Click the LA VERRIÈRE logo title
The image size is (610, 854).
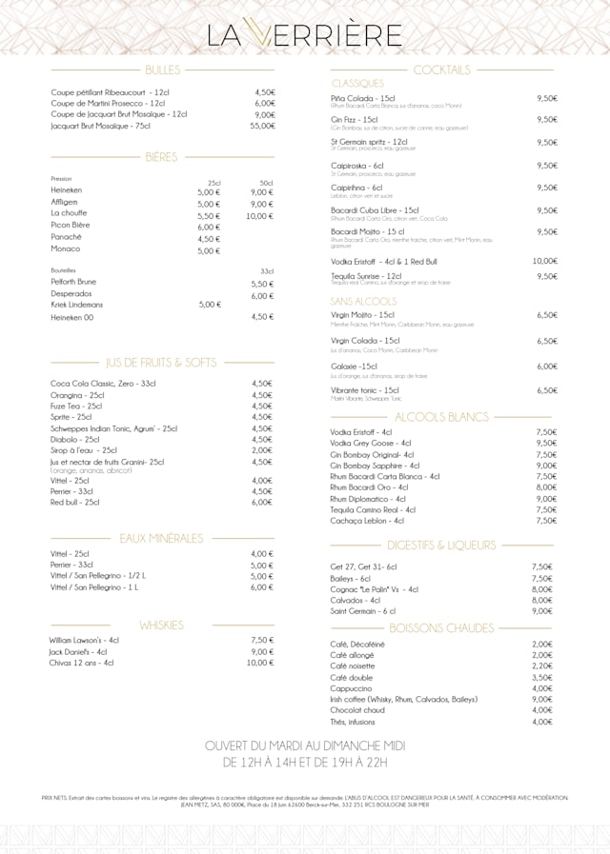(305, 35)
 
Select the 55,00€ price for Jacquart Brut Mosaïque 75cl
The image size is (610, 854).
(263, 126)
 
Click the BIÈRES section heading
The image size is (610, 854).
(161, 156)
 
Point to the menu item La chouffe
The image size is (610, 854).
(69, 214)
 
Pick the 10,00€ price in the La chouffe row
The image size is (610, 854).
(259, 216)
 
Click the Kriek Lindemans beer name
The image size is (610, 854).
(77, 304)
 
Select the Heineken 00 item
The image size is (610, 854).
(72, 317)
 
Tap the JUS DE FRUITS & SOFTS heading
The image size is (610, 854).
(162, 363)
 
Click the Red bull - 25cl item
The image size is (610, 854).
(75, 502)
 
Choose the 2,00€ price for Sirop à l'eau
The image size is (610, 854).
(262, 450)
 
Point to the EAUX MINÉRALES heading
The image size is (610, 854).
(161, 538)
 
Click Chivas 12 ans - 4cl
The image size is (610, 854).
(81, 663)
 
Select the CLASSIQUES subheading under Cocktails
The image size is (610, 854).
(357, 84)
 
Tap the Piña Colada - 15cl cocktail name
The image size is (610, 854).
(363, 97)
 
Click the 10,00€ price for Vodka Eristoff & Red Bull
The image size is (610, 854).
(545, 261)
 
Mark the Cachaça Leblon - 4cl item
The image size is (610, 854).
(367, 521)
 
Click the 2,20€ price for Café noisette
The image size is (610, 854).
(542, 666)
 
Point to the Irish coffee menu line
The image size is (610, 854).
(403, 699)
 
